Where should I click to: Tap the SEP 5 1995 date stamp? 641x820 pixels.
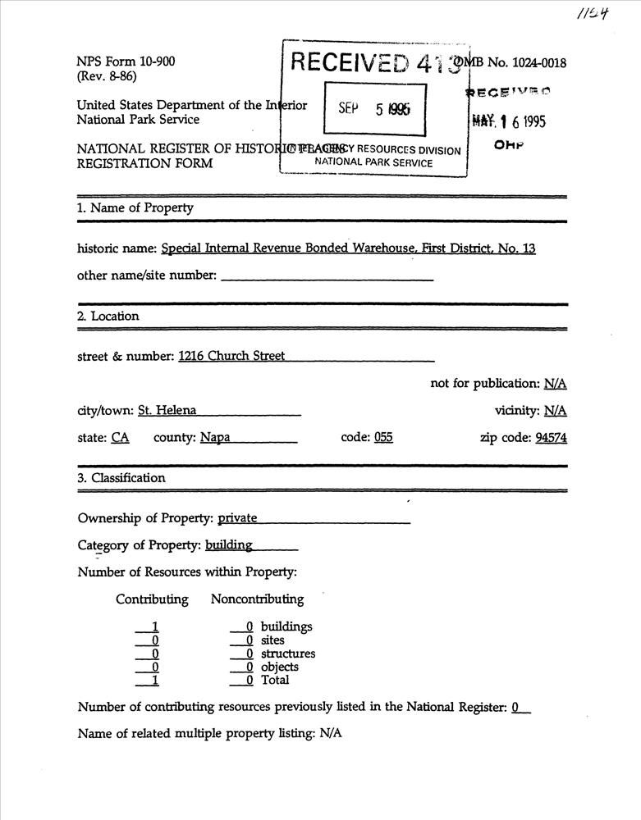pos(374,109)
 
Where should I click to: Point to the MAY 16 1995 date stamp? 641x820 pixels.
pos(510,121)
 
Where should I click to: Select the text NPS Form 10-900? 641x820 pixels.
pos(125,62)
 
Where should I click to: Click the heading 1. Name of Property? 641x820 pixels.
pos(135,207)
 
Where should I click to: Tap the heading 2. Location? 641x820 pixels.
pos(108,316)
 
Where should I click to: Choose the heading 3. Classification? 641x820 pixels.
pos(121,477)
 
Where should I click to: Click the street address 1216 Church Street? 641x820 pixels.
pos(231,356)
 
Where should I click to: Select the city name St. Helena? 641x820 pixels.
pos(167,411)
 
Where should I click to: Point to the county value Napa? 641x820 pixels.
pos(215,438)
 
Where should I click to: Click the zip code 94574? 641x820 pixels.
pos(551,438)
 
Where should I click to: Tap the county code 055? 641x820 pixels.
pos(383,438)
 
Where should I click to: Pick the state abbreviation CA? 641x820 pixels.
pos(120,438)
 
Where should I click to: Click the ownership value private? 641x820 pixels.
pos(237,518)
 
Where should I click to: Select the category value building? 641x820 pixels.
pos(229,544)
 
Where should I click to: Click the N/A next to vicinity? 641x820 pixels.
pos(555,411)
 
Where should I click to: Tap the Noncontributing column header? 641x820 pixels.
pos(257,599)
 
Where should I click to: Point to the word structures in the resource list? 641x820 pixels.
pos(288,654)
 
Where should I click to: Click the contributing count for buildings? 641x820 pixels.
pos(155,627)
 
